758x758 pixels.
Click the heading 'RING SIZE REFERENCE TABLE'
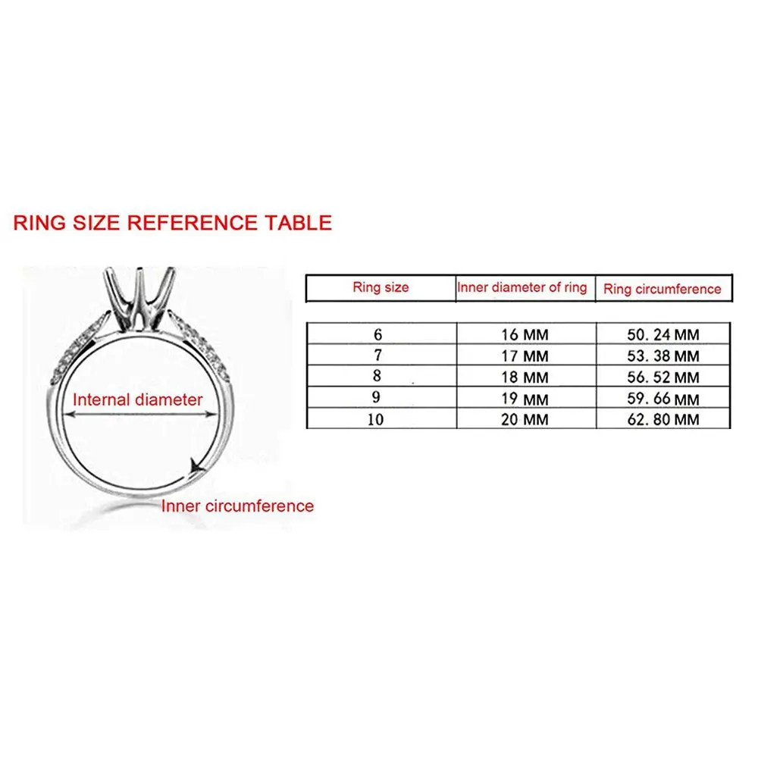[173, 222]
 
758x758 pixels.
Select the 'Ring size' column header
[381, 287]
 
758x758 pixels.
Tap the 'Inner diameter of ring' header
[522, 287]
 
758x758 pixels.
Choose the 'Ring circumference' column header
[662, 289]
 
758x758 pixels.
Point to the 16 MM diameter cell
[525, 334]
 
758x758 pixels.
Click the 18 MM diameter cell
[525, 377]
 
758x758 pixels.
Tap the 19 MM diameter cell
[525, 398]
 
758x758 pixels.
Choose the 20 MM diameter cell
[525, 418]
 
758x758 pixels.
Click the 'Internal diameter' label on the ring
[137, 399]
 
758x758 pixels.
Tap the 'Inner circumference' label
[237, 506]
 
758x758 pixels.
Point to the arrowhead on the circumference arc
[196, 469]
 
